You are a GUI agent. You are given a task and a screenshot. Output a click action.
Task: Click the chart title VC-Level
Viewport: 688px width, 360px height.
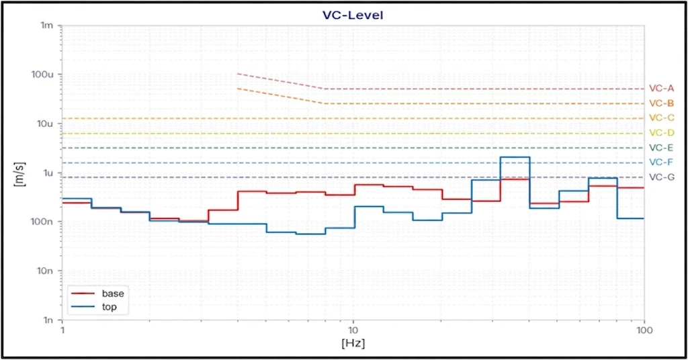(x=353, y=15)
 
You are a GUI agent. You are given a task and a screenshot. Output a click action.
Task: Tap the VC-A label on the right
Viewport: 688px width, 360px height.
(x=661, y=89)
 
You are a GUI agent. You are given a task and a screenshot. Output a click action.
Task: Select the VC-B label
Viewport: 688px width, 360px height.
(x=661, y=103)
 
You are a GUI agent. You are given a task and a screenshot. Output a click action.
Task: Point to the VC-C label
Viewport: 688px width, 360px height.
(x=661, y=118)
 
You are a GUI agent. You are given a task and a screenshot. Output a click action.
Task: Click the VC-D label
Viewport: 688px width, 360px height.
(x=661, y=133)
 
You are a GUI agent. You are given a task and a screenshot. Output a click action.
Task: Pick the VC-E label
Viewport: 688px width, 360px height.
(x=661, y=148)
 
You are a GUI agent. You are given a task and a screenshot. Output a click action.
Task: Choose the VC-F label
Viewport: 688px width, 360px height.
(x=661, y=163)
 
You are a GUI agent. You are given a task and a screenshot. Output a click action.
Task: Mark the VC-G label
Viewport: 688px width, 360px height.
(x=662, y=177)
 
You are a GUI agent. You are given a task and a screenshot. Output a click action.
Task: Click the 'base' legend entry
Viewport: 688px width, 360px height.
(x=113, y=294)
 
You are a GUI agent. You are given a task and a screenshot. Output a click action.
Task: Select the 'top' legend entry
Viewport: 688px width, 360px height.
(x=110, y=307)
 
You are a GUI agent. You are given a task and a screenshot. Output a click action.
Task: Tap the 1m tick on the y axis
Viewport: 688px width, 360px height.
(x=46, y=26)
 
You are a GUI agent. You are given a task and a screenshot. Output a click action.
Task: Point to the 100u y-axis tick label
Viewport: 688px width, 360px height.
(x=42, y=75)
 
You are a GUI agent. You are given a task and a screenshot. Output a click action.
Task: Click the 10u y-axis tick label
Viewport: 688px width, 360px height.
(x=44, y=124)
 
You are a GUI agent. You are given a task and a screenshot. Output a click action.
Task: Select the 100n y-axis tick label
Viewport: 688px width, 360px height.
(x=42, y=222)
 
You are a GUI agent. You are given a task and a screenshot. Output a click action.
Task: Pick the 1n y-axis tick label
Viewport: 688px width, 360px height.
(x=48, y=320)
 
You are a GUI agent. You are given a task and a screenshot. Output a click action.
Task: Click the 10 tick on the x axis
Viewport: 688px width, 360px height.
(x=353, y=330)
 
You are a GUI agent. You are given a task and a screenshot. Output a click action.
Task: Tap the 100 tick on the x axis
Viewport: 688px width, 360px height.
(x=644, y=330)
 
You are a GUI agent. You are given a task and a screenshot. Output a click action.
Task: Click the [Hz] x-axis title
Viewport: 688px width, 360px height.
(x=353, y=343)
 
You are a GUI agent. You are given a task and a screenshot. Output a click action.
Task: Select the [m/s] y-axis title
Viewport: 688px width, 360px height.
(x=19, y=174)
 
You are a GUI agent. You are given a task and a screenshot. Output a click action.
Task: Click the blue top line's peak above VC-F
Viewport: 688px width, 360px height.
(x=515, y=157)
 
